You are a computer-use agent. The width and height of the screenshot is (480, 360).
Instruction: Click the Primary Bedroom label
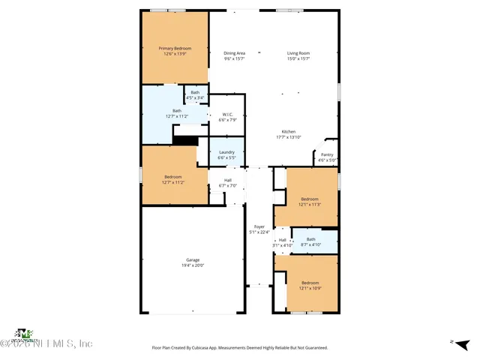(x=175, y=51)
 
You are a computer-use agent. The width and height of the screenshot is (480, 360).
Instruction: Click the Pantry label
(x=327, y=157)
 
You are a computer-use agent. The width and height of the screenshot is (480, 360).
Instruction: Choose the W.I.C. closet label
(x=226, y=117)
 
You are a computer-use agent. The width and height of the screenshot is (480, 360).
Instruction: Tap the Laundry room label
(x=226, y=155)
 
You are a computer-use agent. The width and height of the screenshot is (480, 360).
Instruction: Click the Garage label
(x=193, y=262)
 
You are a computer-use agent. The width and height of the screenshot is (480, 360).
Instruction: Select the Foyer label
(x=259, y=229)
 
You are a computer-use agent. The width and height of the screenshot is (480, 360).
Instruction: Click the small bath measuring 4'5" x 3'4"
(x=195, y=94)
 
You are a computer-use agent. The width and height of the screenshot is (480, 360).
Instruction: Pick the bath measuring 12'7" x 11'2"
(x=176, y=113)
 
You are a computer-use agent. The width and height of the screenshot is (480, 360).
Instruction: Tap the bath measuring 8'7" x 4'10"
(x=310, y=241)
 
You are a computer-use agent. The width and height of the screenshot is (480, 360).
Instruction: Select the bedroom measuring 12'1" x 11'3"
(x=309, y=201)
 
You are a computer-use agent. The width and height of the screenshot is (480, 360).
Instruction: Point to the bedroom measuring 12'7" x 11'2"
(x=173, y=179)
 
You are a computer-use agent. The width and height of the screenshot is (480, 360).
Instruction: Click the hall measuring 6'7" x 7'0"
(x=227, y=182)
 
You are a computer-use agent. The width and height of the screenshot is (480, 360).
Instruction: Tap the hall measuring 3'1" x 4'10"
(x=282, y=242)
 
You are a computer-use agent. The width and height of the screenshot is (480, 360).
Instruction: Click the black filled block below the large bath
(x=184, y=139)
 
